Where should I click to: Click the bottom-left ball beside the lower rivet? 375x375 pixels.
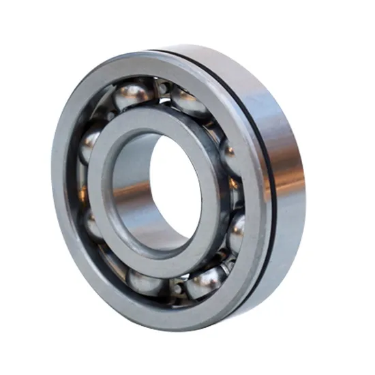[x=145, y=280]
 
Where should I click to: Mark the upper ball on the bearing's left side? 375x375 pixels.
[x=89, y=144]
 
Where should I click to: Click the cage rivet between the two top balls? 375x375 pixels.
[x=163, y=87]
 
